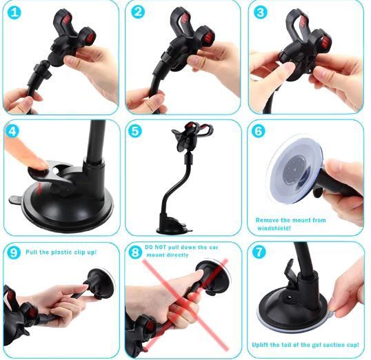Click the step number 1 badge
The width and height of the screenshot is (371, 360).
14,12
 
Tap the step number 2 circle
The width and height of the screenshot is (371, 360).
138,12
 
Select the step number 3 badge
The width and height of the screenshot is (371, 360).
260,12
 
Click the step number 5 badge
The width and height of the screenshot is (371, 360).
135,131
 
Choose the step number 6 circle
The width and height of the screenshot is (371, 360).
258,131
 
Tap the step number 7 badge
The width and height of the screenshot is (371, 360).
259,252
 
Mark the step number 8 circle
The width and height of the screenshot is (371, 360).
135,252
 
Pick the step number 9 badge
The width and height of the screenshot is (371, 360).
14,252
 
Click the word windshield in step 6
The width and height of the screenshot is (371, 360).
274,228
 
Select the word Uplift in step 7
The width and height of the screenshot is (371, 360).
260,345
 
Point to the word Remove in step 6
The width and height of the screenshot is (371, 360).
267,220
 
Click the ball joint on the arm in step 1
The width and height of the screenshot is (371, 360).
44,64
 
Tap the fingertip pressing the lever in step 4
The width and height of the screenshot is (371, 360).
39,165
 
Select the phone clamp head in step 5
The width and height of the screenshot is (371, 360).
192,135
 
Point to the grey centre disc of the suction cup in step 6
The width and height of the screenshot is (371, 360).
295,170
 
